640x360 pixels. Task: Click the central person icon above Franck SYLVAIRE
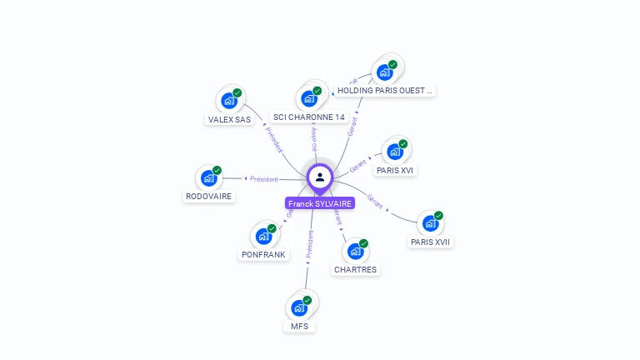pyautogui.click(x=320, y=177)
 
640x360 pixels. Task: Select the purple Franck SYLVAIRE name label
pyautogui.click(x=320, y=203)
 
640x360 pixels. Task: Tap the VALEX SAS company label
pyautogui.click(x=229, y=119)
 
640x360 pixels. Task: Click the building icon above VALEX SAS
pyautogui.click(x=229, y=101)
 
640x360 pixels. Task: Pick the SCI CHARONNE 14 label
pyautogui.click(x=309, y=117)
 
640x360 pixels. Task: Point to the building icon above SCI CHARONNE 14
pyautogui.click(x=309, y=98)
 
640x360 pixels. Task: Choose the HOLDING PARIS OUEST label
pyautogui.click(x=385, y=90)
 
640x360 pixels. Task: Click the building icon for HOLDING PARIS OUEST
pyautogui.click(x=385, y=72)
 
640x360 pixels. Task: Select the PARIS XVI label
pyautogui.click(x=395, y=170)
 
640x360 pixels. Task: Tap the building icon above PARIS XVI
pyautogui.click(x=395, y=152)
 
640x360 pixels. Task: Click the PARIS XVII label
pyautogui.click(x=431, y=242)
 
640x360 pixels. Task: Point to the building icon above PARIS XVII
pyautogui.click(x=430, y=223)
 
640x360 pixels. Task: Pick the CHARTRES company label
pyautogui.click(x=356, y=270)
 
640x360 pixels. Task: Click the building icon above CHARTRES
pyautogui.click(x=356, y=251)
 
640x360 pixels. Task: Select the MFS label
pyautogui.click(x=300, y=326)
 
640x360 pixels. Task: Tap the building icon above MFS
pyautogui.click(x=299, y=307)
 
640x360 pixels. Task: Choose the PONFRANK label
pyautogui.click(x=263, y=255)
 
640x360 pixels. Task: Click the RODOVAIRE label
pyautogui.click(x=209, y=197)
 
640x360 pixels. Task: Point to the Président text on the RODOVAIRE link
pyautogui.click(x=264, y=179)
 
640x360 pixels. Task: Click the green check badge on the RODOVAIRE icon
pyautogui.click(x=217, y=170)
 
